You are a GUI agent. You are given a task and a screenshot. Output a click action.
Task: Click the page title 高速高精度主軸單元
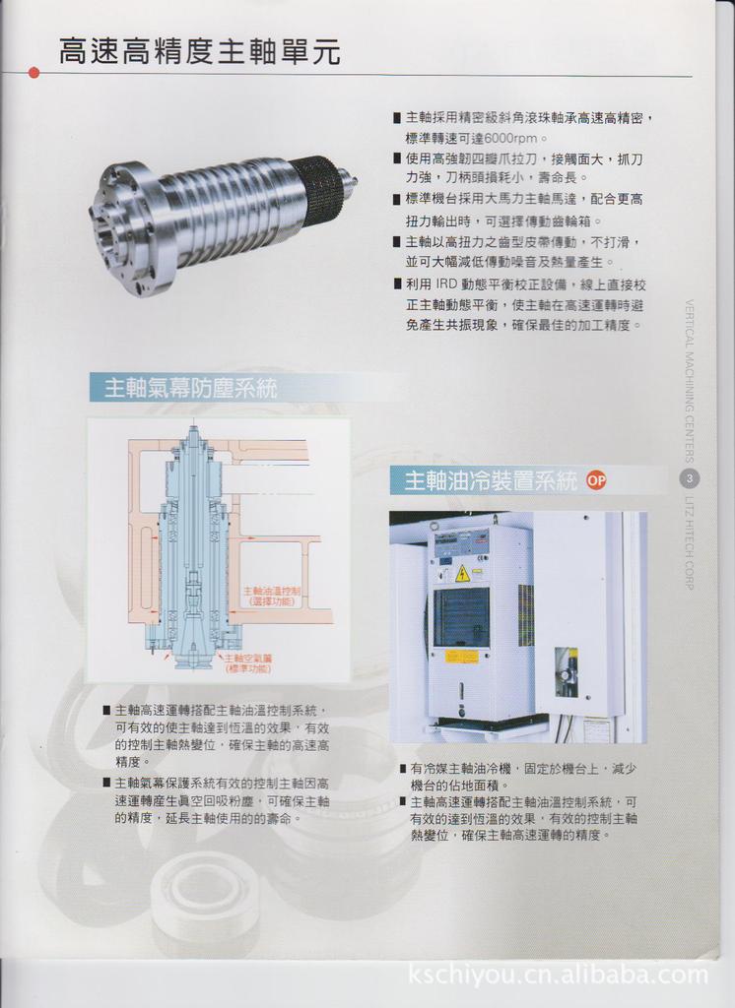coord(200,51)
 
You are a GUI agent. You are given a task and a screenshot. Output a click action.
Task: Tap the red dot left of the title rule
coord(34,73)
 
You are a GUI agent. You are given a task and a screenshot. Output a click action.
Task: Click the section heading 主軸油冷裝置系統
coord(491,481)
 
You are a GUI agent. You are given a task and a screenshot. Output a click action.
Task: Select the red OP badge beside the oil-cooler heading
coord(596,480)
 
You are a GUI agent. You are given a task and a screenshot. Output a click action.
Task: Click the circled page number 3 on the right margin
coord(691,478)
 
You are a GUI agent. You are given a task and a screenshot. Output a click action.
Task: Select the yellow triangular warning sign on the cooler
coord(462,574)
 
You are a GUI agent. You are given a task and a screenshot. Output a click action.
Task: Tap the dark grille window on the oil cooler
coord(460,616)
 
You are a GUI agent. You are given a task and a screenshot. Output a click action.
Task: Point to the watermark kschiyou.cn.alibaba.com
coord(558,976)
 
